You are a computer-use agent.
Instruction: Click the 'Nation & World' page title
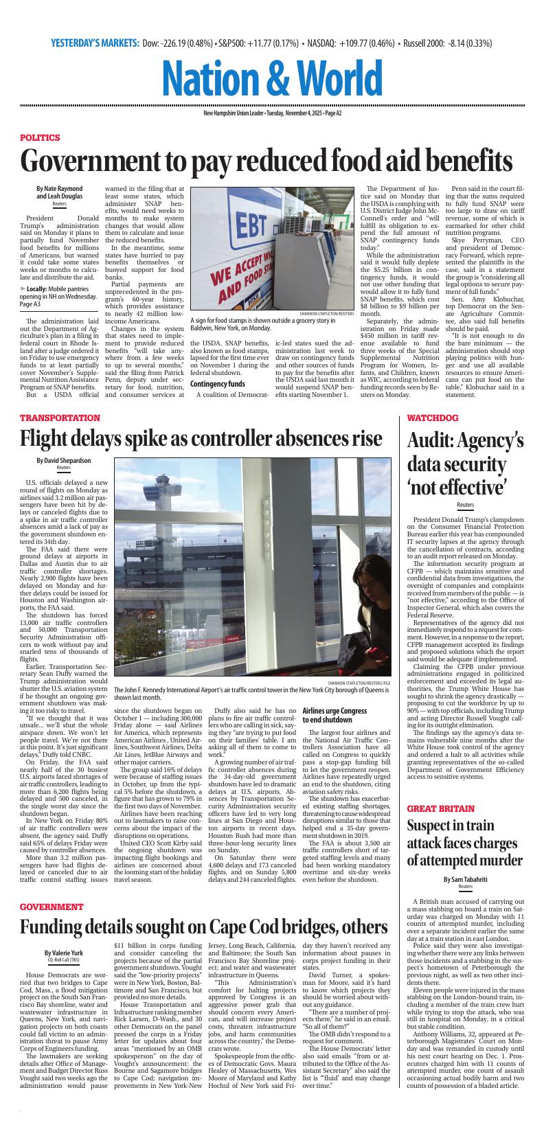point(272,78)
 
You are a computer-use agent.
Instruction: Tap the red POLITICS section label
point(40,137)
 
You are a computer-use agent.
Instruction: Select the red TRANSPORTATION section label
point(60,418)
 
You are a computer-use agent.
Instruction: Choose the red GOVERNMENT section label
point(52,907)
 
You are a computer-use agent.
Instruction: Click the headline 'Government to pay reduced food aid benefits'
point(267,162)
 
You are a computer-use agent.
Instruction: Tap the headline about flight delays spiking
point(201,438)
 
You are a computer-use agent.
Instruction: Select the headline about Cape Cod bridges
point(203,927)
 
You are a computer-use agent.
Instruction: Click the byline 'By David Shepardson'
point(63,461)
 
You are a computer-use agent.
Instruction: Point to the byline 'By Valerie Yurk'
point(63,953)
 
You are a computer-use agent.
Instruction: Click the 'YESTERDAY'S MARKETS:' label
point(95,43)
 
